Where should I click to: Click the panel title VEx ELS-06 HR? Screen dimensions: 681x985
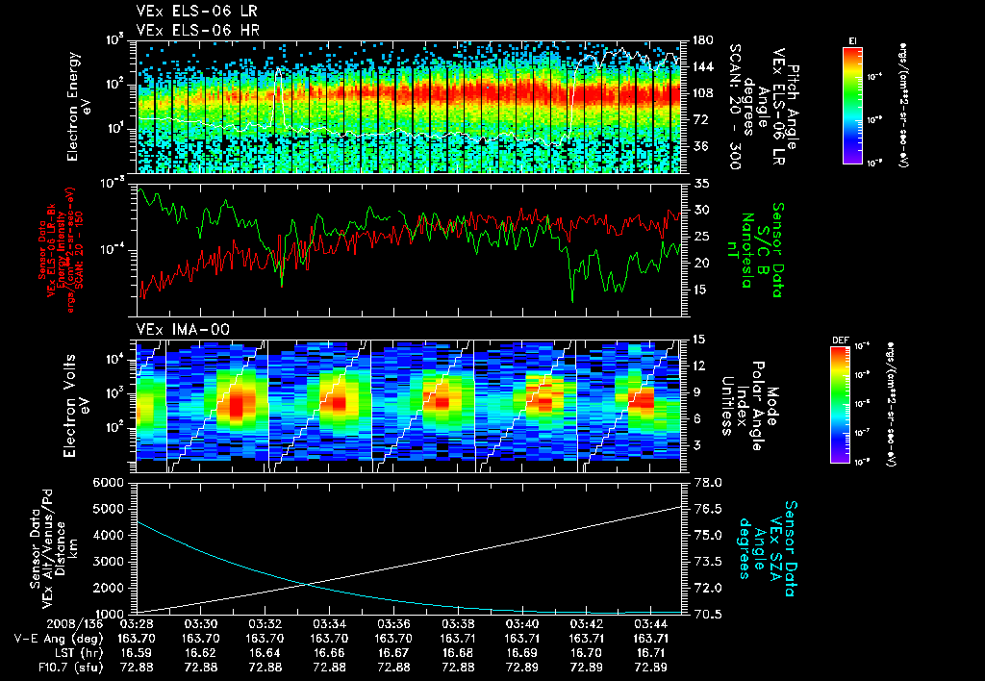click(189, 31)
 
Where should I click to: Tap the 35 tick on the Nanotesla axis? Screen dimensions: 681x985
click(699, 183)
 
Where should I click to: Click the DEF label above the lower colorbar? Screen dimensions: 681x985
click(839, 340)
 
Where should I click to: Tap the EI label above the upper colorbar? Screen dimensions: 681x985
click(851, 40)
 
